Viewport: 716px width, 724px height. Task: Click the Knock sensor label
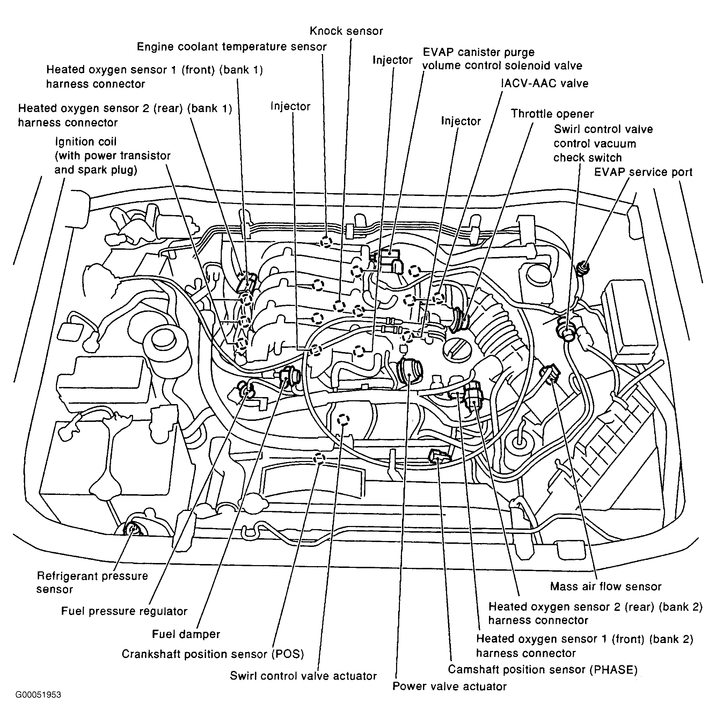pyautogui.click(x=346, y=31)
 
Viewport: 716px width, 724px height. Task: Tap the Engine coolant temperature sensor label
pyautogui.click(x=232, y=47)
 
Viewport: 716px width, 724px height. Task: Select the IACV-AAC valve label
pyautogui.click(x=545, y=83)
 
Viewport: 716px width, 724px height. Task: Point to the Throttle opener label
pyautogui.click(x=552, y=114)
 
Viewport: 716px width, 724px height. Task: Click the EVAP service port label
pyautogui.click(x=643, y=173)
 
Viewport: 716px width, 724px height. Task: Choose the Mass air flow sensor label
pyautogui.click(x=606, y=586)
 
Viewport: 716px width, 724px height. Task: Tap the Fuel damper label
pyautogui.click(x=186, y=634)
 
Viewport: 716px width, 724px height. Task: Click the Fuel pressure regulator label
pyautogui.click(x=124, y=611)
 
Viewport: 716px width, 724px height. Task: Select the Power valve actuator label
pyautogui.click(x=449, y=686)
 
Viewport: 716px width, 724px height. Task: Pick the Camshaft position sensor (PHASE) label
pyautogui.click(x=542, y=669)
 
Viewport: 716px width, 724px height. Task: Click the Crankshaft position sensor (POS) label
pyautogui.click(x=212, y=654)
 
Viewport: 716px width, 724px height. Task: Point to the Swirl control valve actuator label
pyautogui.click(x=303, y=676)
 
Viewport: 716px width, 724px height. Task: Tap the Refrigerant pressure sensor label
pyautogui.click(x=92, y=582)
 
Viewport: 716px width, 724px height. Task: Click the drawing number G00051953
pyautogui.click(x=38, y=695)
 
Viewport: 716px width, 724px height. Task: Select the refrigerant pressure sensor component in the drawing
pyautogui.click(x=132, y=529)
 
